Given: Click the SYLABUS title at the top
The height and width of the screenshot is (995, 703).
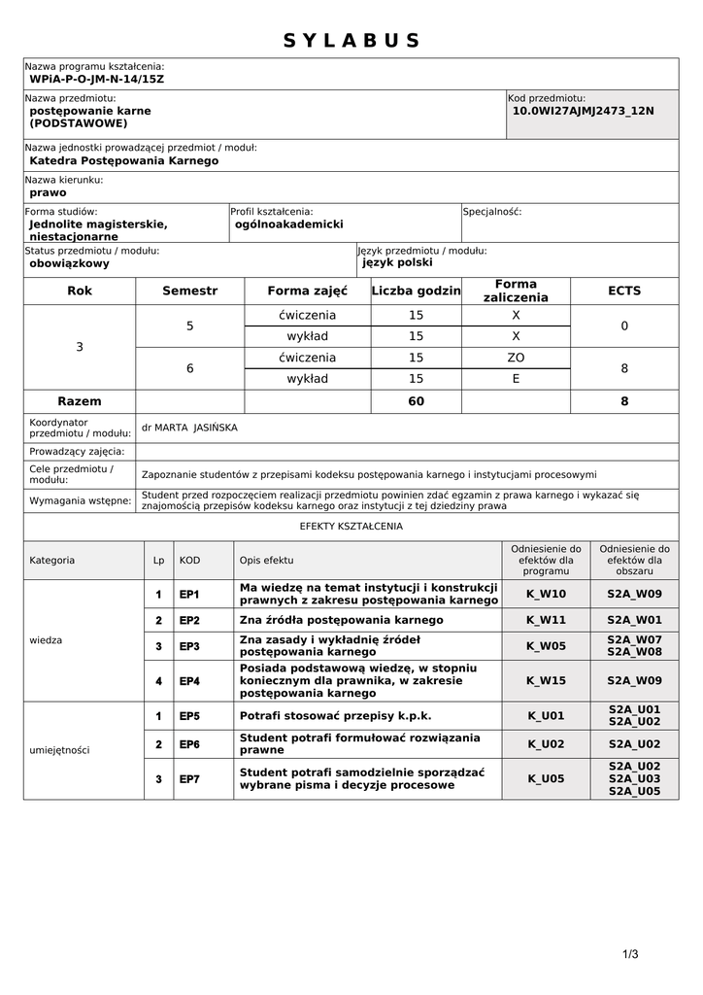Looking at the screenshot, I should click(351, 41).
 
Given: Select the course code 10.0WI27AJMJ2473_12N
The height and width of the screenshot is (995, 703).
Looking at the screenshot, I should click(583, 111).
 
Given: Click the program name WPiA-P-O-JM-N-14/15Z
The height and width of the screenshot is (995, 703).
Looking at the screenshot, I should click(97, 79).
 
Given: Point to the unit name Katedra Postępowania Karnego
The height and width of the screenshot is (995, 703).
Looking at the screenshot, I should click(124, 160).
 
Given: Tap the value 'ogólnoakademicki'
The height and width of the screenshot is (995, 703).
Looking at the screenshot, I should click(289, 223).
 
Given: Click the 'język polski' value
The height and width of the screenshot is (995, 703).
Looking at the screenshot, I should click(398, 262).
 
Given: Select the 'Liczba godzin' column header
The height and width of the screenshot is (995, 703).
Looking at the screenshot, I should click(416, 291).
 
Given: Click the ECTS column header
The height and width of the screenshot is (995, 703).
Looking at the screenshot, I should click(624, 291).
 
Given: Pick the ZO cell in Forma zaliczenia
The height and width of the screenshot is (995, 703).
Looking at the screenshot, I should click(516, 358).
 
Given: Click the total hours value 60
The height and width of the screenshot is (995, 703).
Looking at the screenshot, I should click(416, 401).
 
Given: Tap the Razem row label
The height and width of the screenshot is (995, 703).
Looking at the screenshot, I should click(80, 401).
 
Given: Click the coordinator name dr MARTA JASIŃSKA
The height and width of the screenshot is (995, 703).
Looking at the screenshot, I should click(189, 427).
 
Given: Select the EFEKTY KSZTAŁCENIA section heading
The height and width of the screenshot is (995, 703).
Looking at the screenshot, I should click(351, 527).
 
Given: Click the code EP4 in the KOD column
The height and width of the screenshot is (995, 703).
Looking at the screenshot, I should click(189, 681).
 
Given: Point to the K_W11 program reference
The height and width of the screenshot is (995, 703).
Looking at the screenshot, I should click(546, 620).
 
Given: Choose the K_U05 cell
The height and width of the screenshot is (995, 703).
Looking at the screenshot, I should click(546, 778).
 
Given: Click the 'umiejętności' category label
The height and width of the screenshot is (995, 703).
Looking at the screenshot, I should click(60, 750).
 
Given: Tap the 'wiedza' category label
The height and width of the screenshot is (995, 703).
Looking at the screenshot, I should click(47, 640).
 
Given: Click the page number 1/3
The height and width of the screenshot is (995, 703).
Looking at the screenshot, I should click(630, 954).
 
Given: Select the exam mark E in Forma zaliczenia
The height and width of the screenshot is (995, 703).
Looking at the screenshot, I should click(516, 379).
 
